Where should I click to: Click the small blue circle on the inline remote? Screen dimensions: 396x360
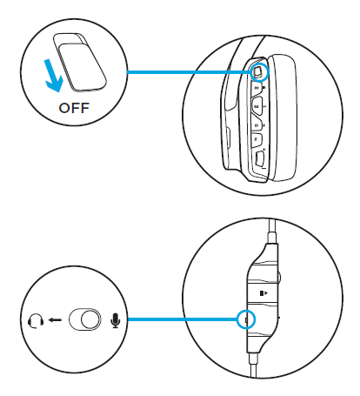245,319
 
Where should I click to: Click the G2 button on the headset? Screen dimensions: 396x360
258,105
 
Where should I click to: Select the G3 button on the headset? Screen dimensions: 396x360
258,88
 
